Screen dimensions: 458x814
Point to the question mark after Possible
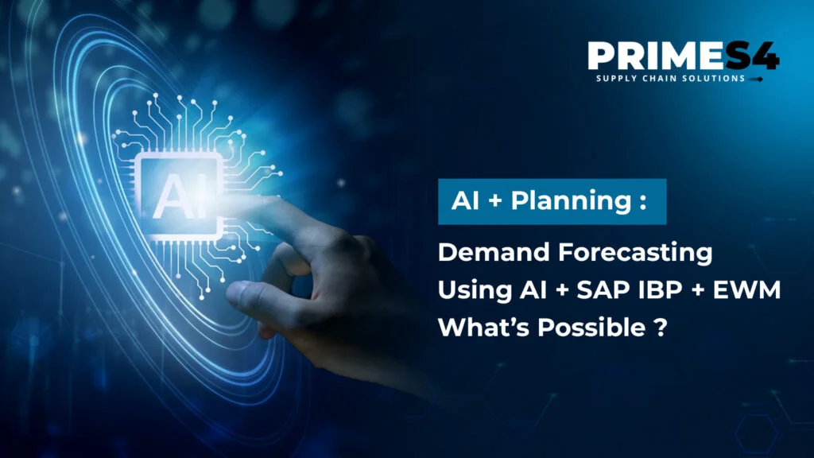tap(659, 328)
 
